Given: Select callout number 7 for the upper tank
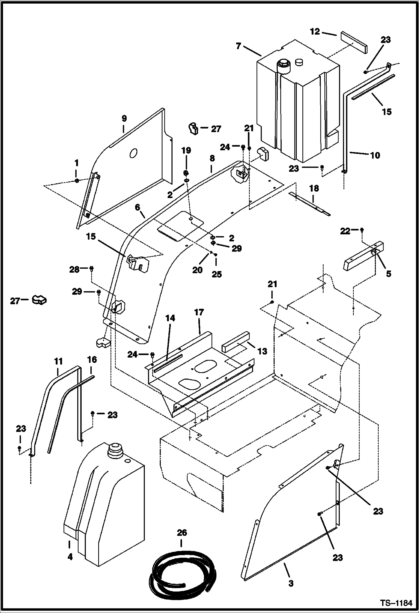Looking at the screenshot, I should [x=238, y=46].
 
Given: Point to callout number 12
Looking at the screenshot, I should [x=315, y=32].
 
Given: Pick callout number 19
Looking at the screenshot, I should [x=186, y=151].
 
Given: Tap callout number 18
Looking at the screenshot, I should [x=314, y=188].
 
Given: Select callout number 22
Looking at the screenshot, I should [x=345, y=231].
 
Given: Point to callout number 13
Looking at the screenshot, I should [x=262, y=351].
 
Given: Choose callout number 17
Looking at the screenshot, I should [x=199, y=312].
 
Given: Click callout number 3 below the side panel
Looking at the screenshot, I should [x=291, y=583].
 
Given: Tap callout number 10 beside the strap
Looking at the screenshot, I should [x=375, y=155].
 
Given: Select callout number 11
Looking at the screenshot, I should [x=58, y=362].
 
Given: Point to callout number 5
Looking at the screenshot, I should [x=389, y=274].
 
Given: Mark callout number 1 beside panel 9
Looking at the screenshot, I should [x=76, y=163].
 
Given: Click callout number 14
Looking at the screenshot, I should [x=170, y=318].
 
